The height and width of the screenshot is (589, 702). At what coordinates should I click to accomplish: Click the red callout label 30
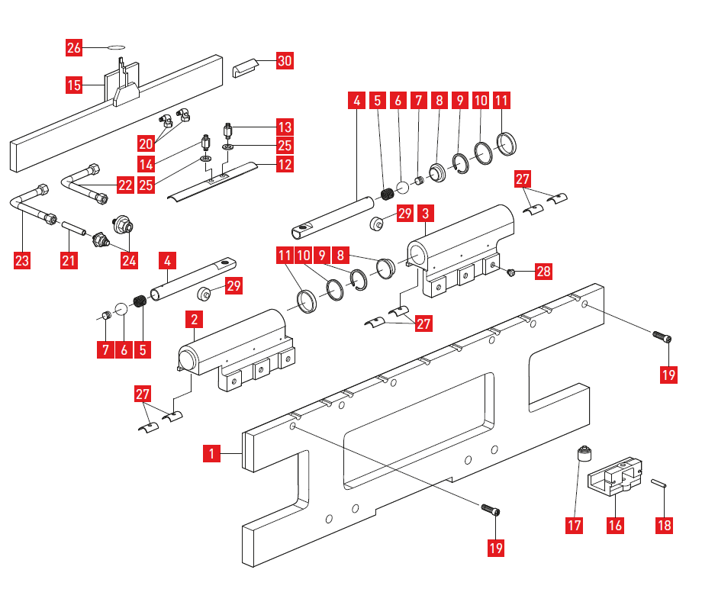[x=284, y=61]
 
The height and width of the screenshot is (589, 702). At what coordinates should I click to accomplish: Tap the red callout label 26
[x=74, y=48]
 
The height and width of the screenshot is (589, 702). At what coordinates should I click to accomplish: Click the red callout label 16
[x=616, y=525]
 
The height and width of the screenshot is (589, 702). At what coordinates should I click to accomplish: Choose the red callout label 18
[x=666, y=525]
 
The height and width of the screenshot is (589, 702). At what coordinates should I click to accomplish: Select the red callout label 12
[x=284, y=164]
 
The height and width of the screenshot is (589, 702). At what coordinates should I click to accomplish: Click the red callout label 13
[x=284, y=127]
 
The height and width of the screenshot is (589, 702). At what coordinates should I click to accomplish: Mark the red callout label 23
[x=22, y=261]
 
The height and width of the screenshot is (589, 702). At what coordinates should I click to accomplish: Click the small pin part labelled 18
[x=660, y=482]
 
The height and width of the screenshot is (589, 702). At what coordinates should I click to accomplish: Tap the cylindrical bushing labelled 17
[x=584, y=455]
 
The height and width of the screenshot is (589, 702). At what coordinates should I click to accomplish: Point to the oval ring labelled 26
[x=115, y=47]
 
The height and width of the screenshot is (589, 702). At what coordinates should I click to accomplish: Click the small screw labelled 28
[x=512, y=272]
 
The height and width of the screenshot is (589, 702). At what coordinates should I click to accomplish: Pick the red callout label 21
[x=70, y=261]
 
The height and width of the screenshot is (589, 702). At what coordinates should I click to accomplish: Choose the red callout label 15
[x=74, y=85]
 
